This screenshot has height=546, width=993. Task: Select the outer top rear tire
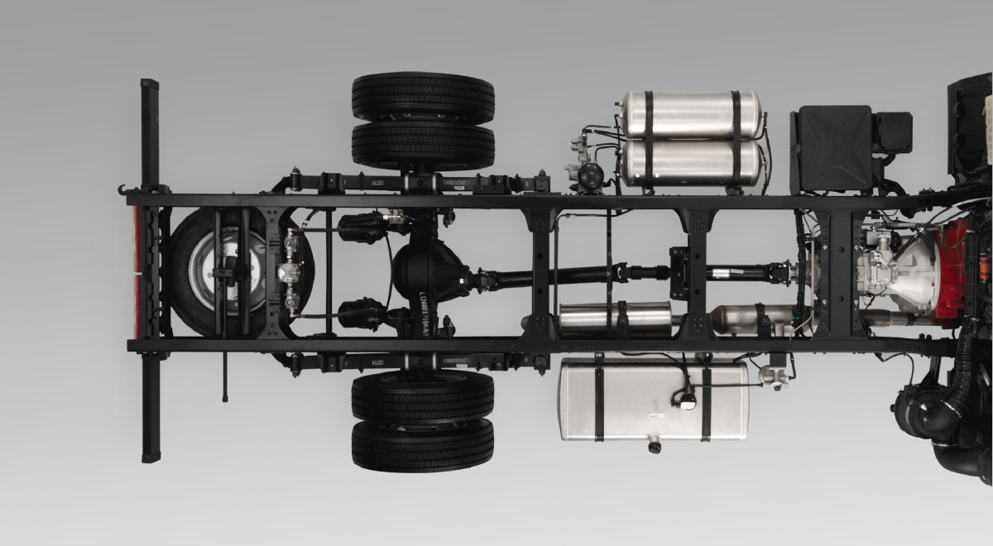(x=423, y=98)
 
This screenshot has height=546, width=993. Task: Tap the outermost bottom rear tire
(x=423, y=444)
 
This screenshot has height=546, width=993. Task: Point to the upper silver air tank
(x=691, y=114)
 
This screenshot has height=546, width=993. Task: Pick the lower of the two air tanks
(x=691, y=163)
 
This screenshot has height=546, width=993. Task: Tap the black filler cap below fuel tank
(x=655, y=447)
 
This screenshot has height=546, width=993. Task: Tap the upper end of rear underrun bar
(x=149, y=88)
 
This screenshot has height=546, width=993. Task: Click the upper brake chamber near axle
(x=362, y=224)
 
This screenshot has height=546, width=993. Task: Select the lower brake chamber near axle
(x=362, y=314)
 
